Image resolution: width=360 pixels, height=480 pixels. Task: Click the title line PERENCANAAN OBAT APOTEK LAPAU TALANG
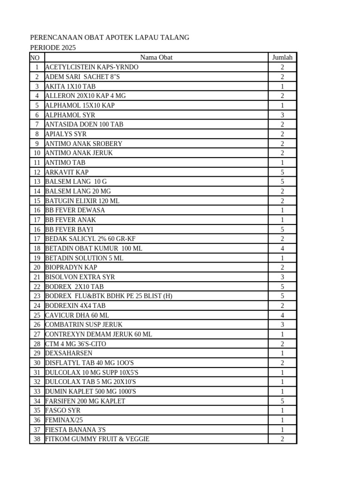pyautogui.click(x=110, y=37)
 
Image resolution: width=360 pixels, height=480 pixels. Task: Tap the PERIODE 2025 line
pyautogui.click(x=53, y=48)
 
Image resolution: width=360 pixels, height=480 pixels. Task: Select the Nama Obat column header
pyautogui.click(x=156, y=58)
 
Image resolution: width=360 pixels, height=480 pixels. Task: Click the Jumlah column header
pyautogui.click(x=282, y=58)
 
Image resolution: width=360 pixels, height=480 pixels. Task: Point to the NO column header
pyautogui.click(x=35, y=58)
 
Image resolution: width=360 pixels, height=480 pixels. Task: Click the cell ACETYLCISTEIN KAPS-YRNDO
pyautogui.click(x=92, y=67)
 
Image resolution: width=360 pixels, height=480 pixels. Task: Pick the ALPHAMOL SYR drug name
pyautogui.click(x=70, y=115)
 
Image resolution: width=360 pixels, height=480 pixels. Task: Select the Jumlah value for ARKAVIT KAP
pyautogui.click(x=282, y=172)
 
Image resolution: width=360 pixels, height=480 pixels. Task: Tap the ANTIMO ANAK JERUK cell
pyautogui.click(x=79, y=153)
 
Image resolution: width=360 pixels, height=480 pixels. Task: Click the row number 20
pyautogui.click(x=37, y=267)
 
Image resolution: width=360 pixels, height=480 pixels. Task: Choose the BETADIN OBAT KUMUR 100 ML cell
pyautogui.click(x=94, y=248)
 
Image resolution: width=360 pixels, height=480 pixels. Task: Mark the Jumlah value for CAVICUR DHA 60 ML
pyautogui.click(x=282, y=315)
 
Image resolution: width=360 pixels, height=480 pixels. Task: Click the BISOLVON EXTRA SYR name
pyautogui.click(x=80, y=277)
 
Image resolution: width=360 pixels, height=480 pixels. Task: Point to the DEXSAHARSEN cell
pyautogui.click(x=69, y=353)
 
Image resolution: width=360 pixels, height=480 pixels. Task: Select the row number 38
pyautogui.click(x=37, y=439)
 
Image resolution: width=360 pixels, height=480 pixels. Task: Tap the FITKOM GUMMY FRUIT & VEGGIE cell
pyautogui.click(x=97, y=439)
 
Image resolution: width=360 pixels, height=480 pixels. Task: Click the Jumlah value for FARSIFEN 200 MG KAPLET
pyautogui.click(x=282, y=401)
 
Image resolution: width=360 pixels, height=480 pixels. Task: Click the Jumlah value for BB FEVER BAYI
pyautogui.click(x=282, y=229)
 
